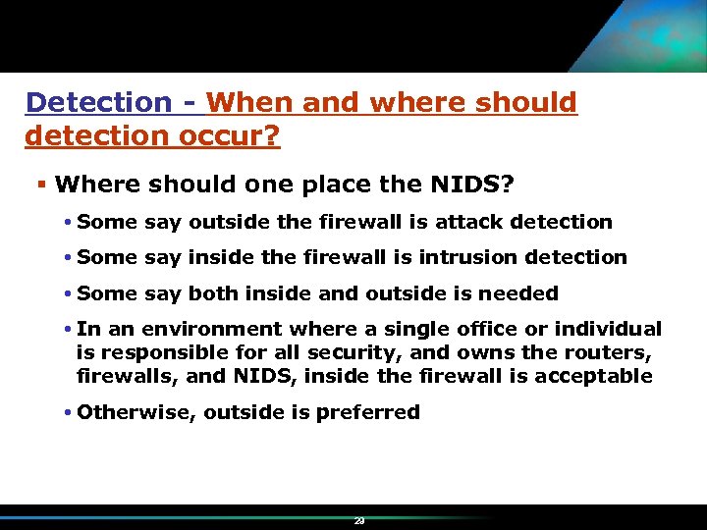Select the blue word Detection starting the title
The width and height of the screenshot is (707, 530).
point(98,102)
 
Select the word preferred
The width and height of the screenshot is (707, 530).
point(368,412)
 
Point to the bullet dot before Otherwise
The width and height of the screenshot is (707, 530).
point(70,412)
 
